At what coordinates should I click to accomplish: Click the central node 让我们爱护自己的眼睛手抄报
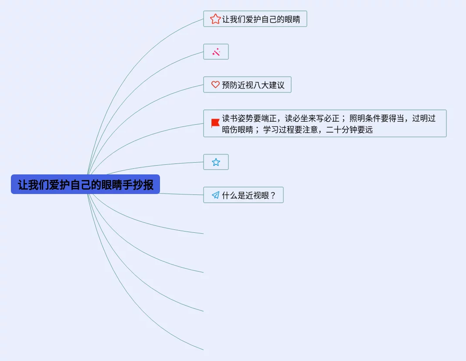point(85,184)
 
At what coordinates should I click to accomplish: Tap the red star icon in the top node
point(215,19)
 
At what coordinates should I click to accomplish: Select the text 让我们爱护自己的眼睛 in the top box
point(261,19)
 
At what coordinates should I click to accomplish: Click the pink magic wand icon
point(216,52)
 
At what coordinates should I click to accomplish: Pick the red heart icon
point(215,85)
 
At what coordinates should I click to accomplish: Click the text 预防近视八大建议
point(253,85)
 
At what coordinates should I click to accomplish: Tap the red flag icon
point(215,123)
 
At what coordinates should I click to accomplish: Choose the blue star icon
point(216,162)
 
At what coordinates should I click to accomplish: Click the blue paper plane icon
point(215,195)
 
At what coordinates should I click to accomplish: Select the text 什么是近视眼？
point(248,195)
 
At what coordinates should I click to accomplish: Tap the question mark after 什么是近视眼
point(273,195)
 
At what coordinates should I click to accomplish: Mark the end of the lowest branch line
point(203,350)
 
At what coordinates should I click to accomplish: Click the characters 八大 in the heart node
point(261,85)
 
